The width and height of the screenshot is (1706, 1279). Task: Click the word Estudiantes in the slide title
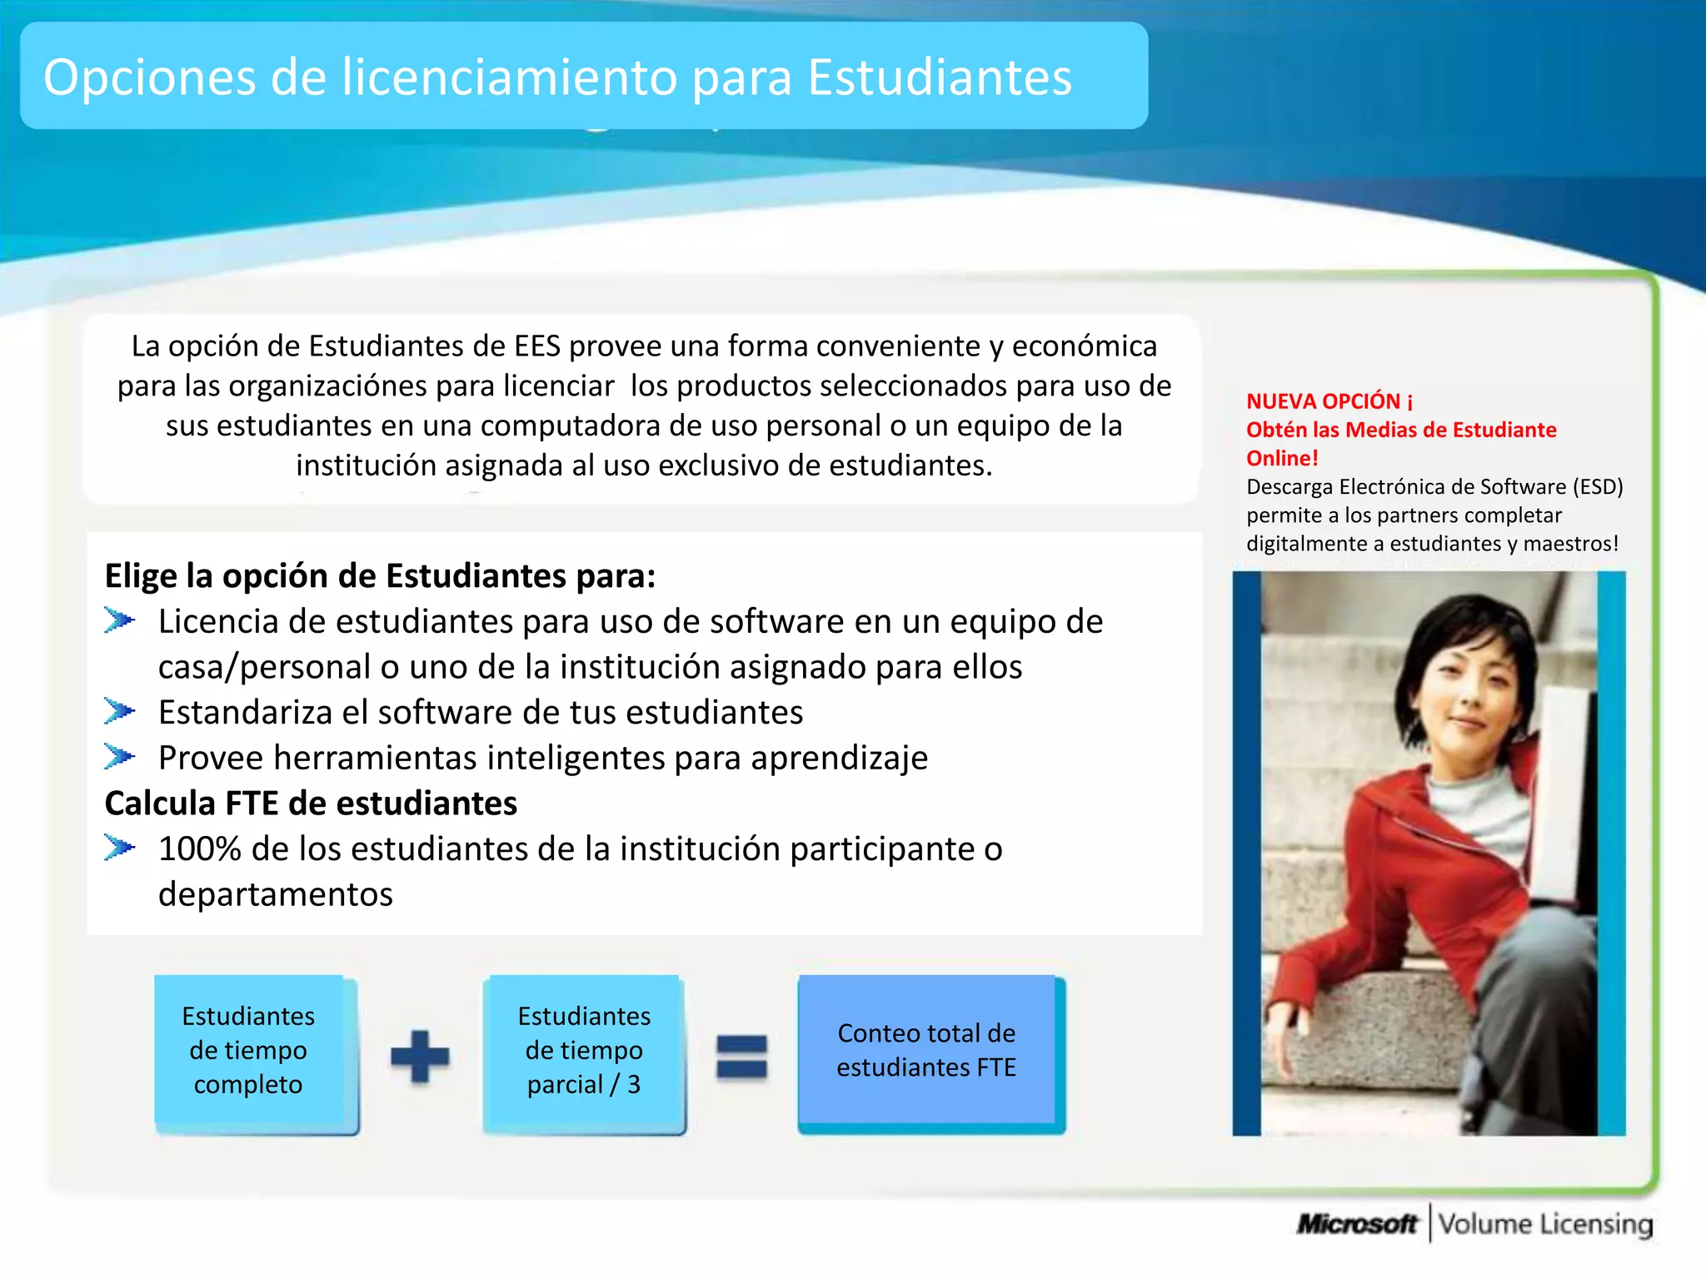pyautogui.click(x=939, y=77)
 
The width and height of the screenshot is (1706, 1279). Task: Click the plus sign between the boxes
pyautogui.click(x=420, y=1057)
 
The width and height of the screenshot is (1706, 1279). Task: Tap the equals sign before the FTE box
pyautogui.click(x=741, y=1057)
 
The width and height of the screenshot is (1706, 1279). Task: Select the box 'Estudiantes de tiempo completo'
pyautogui.click(x=248, y=1051)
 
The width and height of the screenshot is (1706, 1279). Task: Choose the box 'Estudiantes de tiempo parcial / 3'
pyautogui.click(x=584, y=1051)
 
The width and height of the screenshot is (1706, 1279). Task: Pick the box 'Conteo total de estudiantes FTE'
pyautogui.click(x=926, y=1050)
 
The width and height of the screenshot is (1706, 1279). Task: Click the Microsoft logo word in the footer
pyautogui.click(x=1356, y=1224)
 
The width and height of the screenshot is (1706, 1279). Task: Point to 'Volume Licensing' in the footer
pyautogui.click(x=1545, y=1224)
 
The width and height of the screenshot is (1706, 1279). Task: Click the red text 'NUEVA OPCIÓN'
pyautogui.click(x=1323, y=401)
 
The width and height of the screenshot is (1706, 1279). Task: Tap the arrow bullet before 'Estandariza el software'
pyautogui.click(x=119, y=711)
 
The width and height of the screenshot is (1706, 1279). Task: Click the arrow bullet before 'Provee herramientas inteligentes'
pyautogui.click(x=119, y=756)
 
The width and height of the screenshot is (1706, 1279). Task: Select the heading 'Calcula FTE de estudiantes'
pyautogui.click(x=311, y=804)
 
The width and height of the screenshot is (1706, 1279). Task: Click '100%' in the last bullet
pyautogui.click(x=199, y=849)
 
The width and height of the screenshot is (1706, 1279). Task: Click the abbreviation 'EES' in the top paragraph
pyautogui.click(x=537, y=346)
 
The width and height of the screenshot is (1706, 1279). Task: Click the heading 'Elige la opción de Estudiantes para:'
pyautogui.click(x=380, y=576)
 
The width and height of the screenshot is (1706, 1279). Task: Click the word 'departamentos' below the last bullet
pyautogui.click(x=276, y=894)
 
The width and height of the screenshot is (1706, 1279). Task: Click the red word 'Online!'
pyautogui.click(x=1282, y=458)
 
